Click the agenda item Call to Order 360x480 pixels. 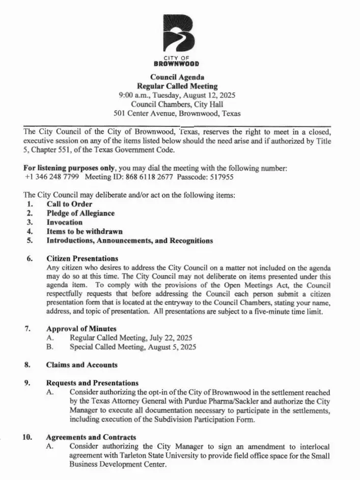69,204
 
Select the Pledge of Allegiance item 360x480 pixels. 80,214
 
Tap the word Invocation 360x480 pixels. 64,223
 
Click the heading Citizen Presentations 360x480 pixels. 82,259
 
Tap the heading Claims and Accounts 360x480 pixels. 81,365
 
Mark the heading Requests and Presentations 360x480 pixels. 92,383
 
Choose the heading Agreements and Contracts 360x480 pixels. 91,437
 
